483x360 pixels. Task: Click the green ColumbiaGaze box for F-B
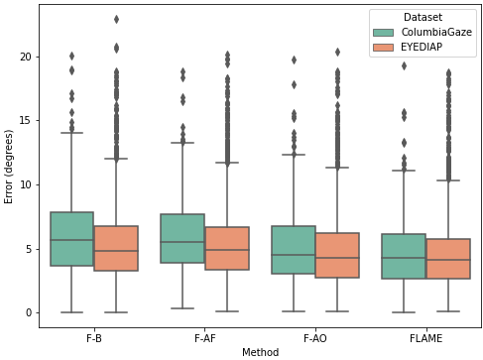(71, 239)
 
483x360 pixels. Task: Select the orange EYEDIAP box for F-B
(116, 248)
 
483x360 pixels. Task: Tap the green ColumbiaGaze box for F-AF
(182, 238)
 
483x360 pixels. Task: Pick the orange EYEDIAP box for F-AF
(227, 248)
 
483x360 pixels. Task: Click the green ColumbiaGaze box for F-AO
(294, 250)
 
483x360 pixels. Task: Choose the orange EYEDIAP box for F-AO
(337, 255)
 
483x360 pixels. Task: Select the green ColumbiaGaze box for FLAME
(404, 256)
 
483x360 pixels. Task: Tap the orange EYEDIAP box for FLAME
(448, 259)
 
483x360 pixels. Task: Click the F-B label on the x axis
(94, 338)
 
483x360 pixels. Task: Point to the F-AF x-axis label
(205, 338)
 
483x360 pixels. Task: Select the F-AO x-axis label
(315, 338)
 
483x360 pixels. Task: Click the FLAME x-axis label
(425, 338)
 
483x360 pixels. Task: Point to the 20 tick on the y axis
(26, 57)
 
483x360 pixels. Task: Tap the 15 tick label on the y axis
(26, 121)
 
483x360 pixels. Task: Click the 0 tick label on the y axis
(29, 312)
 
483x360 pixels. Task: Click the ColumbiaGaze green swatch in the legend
(384, 33)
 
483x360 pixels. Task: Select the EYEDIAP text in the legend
(422, 47)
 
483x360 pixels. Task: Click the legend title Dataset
(423, 17)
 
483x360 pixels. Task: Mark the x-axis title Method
(260, 352)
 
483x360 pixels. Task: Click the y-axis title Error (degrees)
(8, 167)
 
